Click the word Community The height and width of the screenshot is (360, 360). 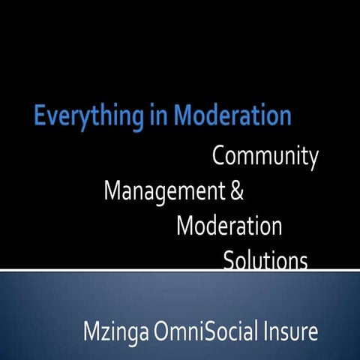point(265,158)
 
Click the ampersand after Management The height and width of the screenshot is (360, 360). point(236,191)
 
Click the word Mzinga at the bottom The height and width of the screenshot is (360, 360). point(112,330)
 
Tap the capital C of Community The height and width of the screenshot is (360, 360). point(219,157)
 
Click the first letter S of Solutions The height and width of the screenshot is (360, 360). point(228,260)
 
